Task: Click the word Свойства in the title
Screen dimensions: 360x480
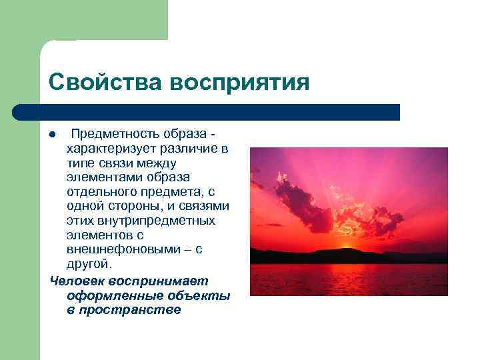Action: (105, 82)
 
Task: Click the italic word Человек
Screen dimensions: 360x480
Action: (76, 281)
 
